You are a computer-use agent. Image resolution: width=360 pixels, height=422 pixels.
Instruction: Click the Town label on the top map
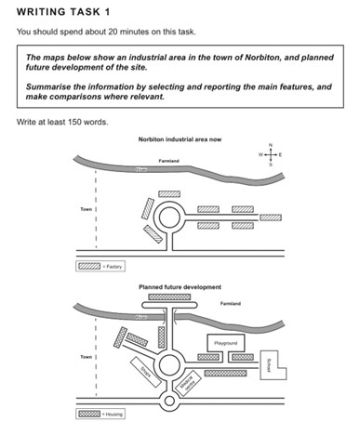pos(88,211)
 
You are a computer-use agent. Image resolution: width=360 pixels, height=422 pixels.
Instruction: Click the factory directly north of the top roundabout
pos(170,194)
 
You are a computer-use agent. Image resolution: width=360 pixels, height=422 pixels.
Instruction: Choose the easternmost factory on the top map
pos(270,218)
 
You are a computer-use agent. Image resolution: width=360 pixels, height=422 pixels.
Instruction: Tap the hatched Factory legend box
pos(89,266)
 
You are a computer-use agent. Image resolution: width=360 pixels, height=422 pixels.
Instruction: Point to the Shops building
pos(145,371)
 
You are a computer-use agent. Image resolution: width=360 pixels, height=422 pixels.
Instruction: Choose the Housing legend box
pos(89,414)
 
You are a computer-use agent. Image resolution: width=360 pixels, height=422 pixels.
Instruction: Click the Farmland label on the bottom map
pos(231,304)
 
